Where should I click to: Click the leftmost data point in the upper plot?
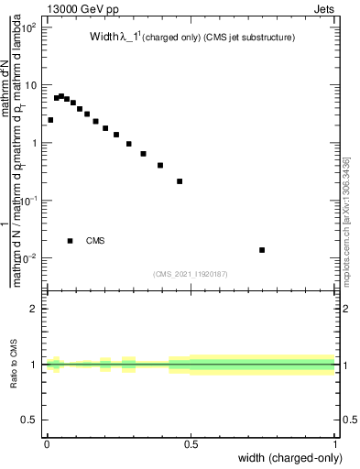[50, 120]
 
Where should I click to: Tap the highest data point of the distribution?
[61, 95]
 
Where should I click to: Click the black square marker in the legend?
[70, 241]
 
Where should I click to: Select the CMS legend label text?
[95, 241]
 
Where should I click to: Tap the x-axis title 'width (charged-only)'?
[291, 457]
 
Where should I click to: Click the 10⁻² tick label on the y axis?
[28, 257]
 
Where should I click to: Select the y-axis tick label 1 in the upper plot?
[35, 143]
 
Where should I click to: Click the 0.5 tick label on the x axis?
[191, 444]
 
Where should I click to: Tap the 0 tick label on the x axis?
[47, 444]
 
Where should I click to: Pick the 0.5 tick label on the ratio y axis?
[30, 420]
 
